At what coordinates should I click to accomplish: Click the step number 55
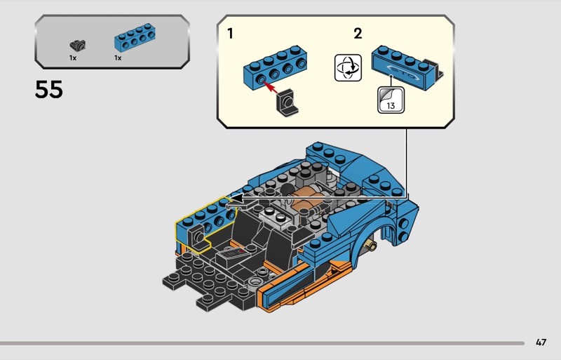click(48, 89)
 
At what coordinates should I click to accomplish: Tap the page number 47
click(541, 342)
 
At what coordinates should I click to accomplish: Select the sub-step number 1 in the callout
click(230, 34)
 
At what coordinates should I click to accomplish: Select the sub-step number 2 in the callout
click(358, 34)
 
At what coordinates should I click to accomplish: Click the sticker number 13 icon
click(391, 100)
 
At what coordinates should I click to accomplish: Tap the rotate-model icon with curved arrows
click(348, 67)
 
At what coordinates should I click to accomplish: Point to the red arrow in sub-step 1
click(271, 88)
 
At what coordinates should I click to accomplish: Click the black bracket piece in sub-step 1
click(287, 102)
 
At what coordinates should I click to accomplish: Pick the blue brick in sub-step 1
click(275, 67)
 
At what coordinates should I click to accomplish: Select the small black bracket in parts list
click(77, 45)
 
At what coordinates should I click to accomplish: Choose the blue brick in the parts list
click(135, 37)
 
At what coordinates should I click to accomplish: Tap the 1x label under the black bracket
click(73, 58)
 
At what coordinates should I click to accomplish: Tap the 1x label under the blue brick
click(118, 58)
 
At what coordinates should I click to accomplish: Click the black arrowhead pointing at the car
click(236, 197)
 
